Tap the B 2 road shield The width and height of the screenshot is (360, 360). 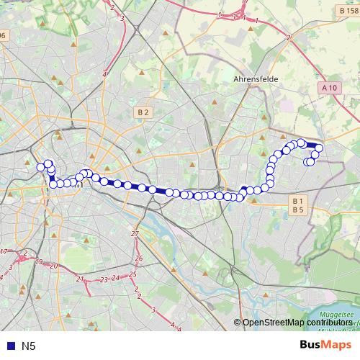(143, 112)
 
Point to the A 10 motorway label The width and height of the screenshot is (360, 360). (330, 88)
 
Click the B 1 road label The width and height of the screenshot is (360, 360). (298, 200)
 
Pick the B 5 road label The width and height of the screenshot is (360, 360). (298, 209)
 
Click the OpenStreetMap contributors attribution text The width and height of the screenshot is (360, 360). (297, 323)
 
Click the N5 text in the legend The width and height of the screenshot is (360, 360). (29, 346)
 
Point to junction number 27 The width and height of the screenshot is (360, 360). (135, 234)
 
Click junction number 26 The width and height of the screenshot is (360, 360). (139, 258)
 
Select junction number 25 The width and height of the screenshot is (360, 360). (132, 274)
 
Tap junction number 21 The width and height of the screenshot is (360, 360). (80, 278)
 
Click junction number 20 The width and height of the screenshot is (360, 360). (54, 266)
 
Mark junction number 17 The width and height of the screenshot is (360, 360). (4, 251)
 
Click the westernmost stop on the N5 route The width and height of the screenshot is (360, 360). (41, 167)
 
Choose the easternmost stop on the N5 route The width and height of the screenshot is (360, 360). (319, 148)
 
